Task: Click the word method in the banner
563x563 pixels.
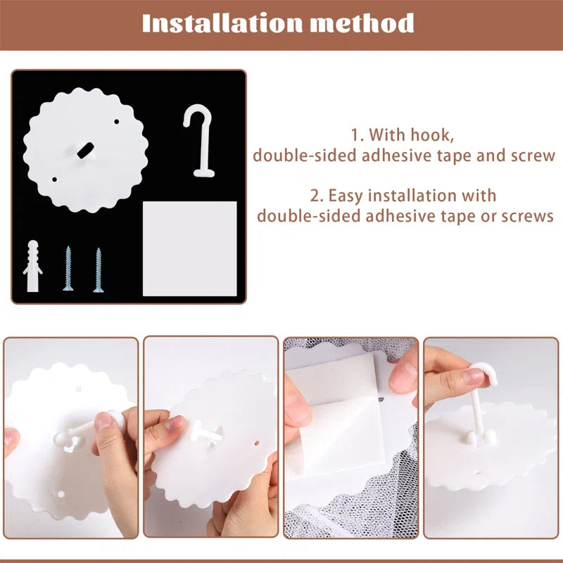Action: tap(362, 23)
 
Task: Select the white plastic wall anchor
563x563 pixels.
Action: tap(32, 266)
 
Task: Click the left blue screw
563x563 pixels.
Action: tap(68, 268)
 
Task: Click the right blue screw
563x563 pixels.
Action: tap(99, 270)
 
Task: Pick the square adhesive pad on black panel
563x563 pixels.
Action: tap(189, 248)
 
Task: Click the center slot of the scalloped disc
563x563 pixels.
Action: tap(85, 150)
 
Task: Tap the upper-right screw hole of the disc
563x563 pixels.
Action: tap(116, 122)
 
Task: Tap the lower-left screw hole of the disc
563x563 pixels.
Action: tap(54, 179)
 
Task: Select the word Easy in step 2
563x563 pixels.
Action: tap(345, 196)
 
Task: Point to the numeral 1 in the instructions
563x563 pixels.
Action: tap(355, 135)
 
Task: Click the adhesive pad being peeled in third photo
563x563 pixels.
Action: tap(336, 417)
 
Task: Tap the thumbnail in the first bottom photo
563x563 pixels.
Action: tap(104, 420)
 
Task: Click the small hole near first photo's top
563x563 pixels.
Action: tap(78, 389)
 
